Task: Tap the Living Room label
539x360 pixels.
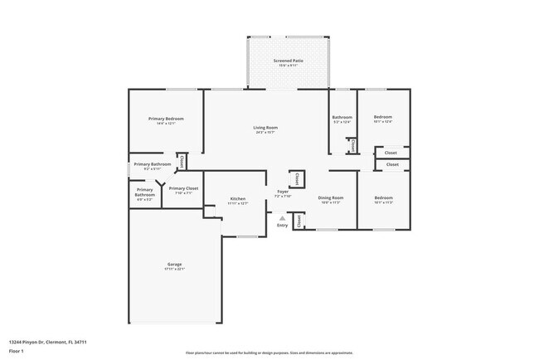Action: click(265, 127)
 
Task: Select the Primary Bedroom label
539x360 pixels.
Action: click(166, 119)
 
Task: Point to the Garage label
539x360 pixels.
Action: click(174, 264)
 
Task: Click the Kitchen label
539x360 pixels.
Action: click(238, 199)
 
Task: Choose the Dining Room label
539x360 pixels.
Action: click(331, 197)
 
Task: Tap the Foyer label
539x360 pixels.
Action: click(283, 192)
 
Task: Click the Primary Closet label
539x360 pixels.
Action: click(183, 188)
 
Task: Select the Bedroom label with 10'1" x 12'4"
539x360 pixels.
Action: click(382, 118)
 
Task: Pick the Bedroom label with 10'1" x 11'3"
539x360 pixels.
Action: click(383, 197)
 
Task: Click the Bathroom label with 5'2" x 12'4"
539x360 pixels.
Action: click(342, 118)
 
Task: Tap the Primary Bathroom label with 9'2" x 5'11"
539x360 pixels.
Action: click(152, 164)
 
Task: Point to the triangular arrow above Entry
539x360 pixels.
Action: click(283, 218)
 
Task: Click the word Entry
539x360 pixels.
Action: click(283, 225)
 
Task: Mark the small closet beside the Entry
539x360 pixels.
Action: click(299, 221)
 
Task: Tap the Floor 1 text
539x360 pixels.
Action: click(17, 351)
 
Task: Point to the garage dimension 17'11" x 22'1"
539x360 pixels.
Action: click(174, 269)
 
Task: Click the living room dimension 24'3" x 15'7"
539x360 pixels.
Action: click(265, 132)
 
